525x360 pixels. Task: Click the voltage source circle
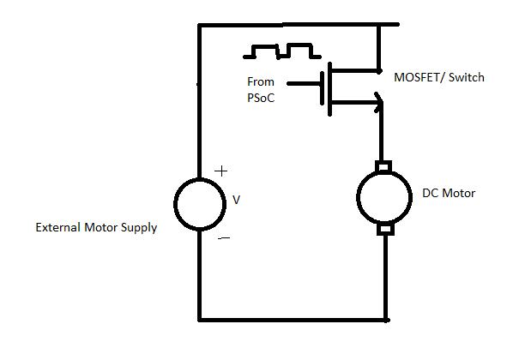(x=200, y=203)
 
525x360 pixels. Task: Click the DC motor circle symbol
(x=385, y=196)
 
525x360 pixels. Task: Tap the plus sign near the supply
(x=220, y=171)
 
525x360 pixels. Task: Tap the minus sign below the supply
(x=223, y=237)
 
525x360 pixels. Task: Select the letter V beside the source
(x=237, y=200)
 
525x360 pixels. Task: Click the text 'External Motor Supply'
(x=96, y=228)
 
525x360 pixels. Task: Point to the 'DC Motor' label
(x=449, y=194)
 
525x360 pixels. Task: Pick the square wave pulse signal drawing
(x=279, y=51)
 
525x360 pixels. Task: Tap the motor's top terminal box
(x=384, y=165)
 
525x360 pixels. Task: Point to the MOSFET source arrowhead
(x=378, y=103)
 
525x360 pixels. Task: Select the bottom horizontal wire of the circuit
(x=292, y=319)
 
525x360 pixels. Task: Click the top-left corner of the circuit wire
(x=200, y=26)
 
